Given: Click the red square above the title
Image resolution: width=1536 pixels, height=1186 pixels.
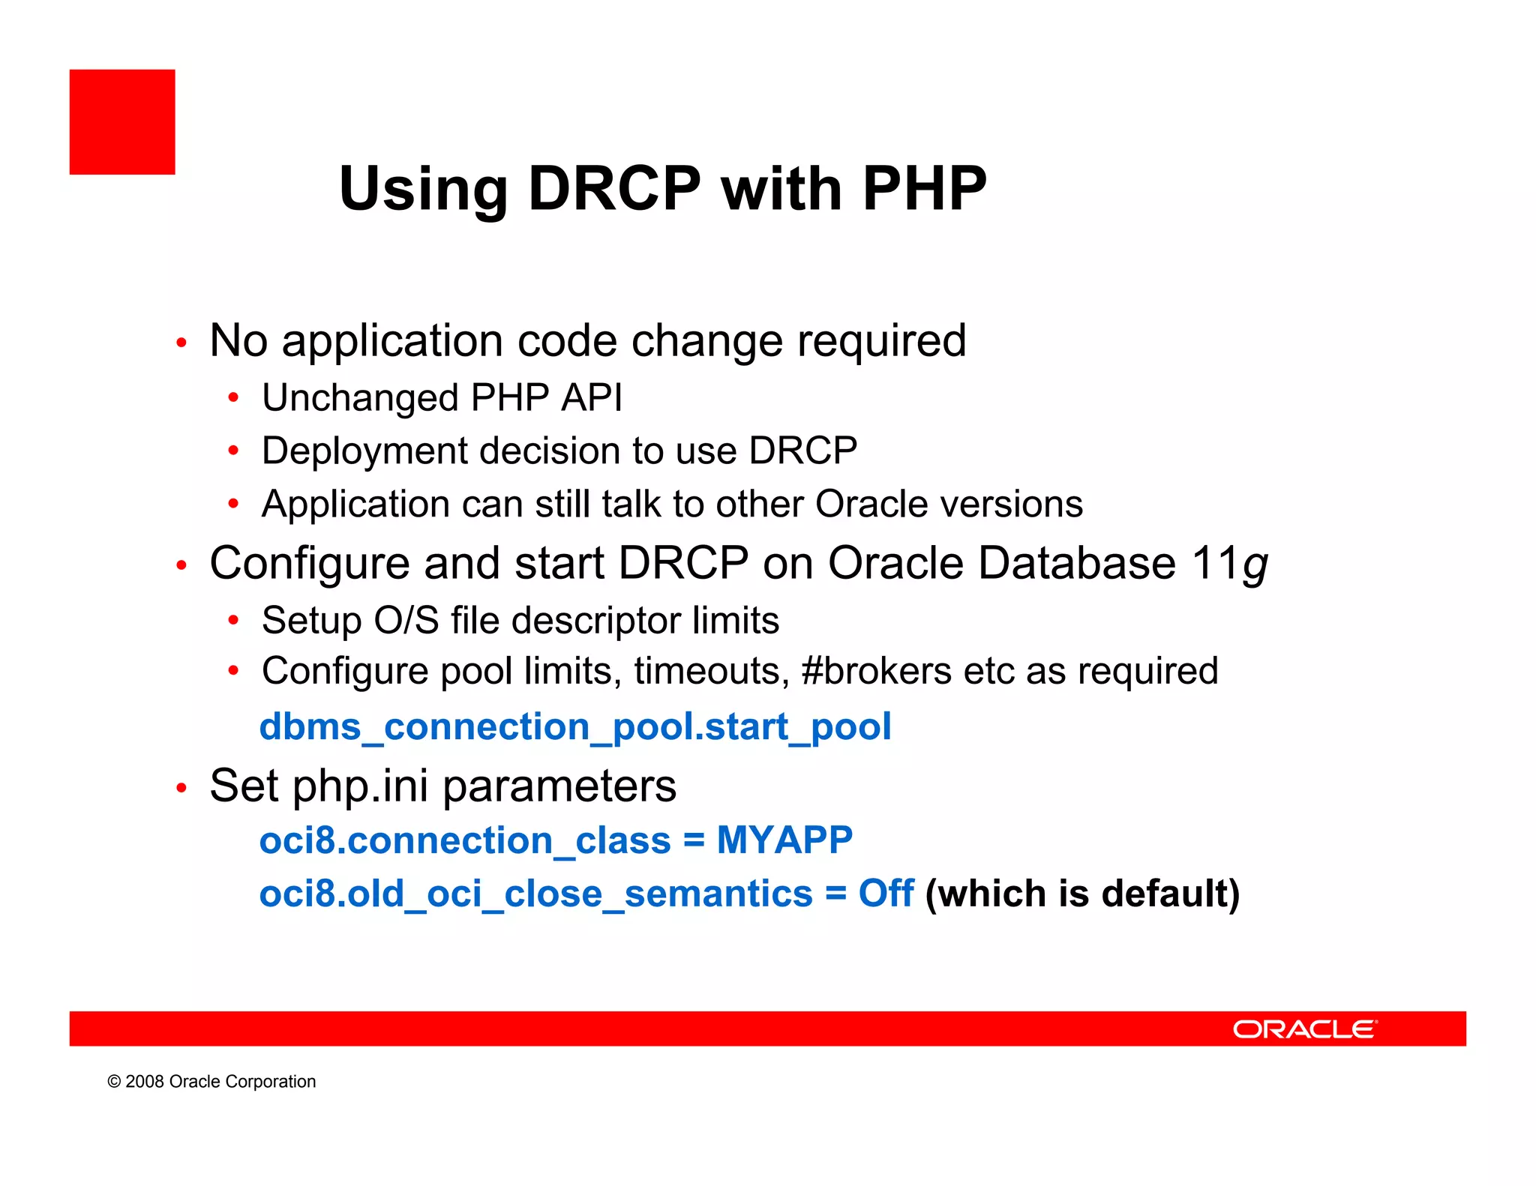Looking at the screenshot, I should click(122, 122).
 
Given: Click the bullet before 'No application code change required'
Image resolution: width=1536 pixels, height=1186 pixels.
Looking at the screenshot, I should click(181, 343).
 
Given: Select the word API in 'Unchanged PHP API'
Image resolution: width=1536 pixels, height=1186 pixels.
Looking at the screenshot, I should click(592, 397).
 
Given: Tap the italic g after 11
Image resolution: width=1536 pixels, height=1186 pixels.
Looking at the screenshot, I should click(1255, 565).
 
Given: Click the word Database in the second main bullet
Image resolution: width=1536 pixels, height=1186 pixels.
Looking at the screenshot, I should click(1077, 563).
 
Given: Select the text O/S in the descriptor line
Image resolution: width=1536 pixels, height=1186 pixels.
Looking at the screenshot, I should click(406, 621).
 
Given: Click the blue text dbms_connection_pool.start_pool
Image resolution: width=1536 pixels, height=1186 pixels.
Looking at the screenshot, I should click(575, 727).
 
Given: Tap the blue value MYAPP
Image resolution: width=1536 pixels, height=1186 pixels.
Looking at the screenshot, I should click(784, 840).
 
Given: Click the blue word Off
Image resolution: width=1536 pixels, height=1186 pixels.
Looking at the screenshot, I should click(886, 894).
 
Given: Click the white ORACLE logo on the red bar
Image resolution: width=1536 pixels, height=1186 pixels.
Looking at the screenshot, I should click(1304, 1029).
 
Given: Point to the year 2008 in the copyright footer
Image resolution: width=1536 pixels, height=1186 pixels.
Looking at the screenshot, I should click(144, 1082).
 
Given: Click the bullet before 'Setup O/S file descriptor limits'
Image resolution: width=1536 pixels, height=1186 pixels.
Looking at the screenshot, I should click(233, 621).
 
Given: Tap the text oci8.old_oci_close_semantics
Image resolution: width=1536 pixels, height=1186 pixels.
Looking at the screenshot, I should click(535, 894).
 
